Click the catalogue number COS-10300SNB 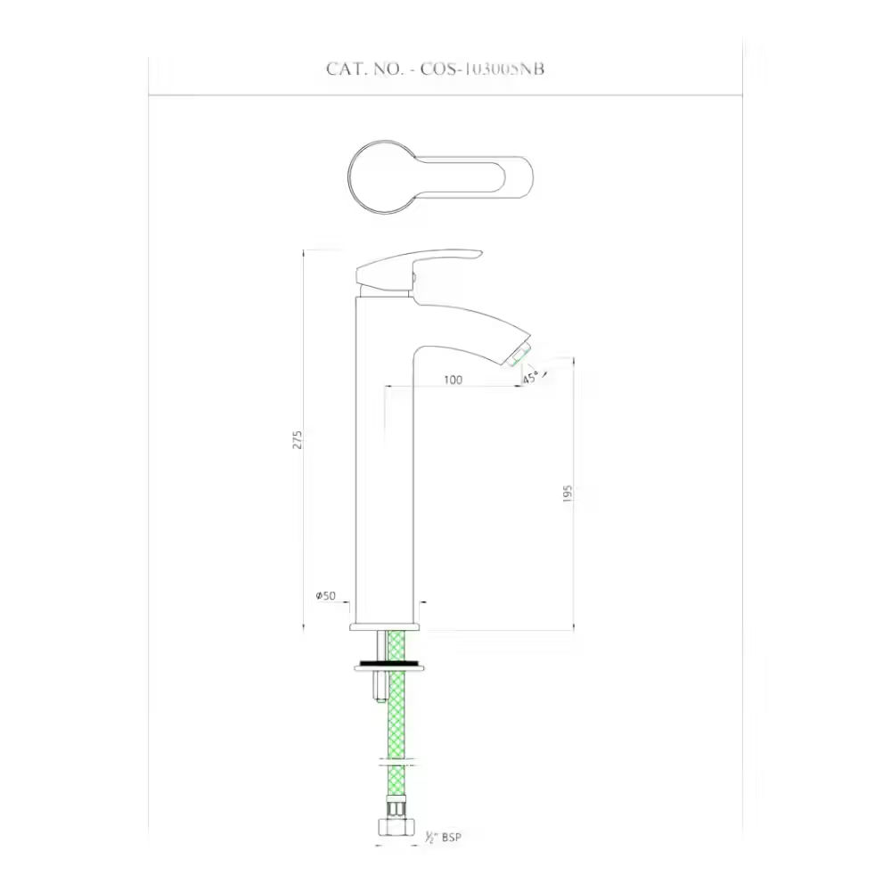tap(482, 69)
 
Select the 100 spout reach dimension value tap(452, 380)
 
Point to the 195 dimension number tap(568, 495)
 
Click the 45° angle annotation tap(531, 378)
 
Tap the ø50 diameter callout tap(324, 595)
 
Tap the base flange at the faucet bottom tap(386, 625)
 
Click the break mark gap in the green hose tap(396, 762)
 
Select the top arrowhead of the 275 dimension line tap(305, 253)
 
